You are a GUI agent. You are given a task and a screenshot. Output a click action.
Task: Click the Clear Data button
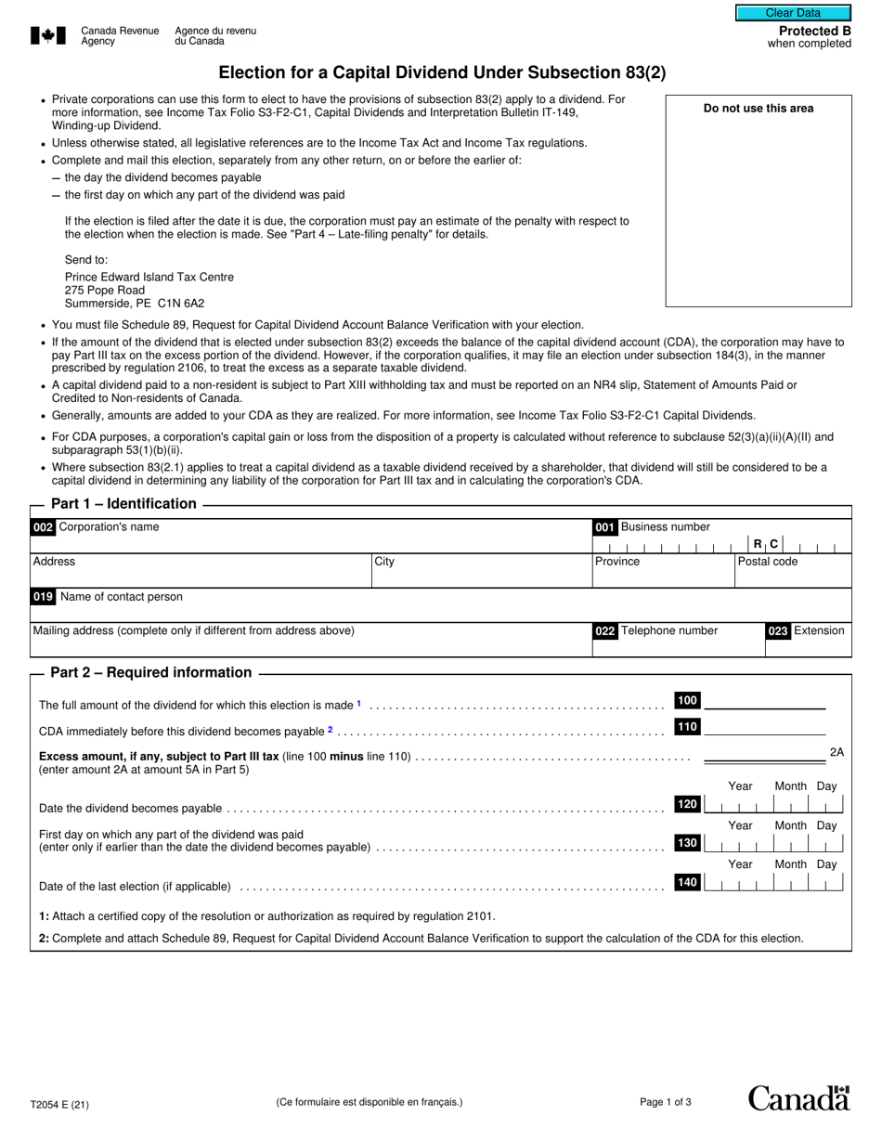[x=793, y=13]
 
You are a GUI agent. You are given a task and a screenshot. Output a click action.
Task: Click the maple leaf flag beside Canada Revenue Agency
[x=48, y=36]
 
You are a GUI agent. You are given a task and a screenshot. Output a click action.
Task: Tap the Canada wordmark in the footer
[x=798, y=1098]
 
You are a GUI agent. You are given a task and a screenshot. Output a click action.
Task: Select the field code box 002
[x=43, y=527]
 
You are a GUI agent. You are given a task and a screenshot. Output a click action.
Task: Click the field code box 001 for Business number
[x=604, y=527]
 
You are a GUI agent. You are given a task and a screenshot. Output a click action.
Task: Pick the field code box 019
[x=43, y=597]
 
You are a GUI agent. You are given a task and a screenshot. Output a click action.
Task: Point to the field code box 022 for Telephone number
[x=604, y=631]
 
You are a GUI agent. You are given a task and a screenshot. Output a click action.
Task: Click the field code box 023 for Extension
[x=777, y=631]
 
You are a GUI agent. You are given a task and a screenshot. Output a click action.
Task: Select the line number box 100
[x=687, y=701]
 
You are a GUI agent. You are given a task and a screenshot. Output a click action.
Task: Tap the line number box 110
[x=687, y=727]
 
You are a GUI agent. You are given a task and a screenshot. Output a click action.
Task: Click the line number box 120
[x=687, y=804]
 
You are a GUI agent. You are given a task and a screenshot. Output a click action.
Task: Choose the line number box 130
[x=687, y=843]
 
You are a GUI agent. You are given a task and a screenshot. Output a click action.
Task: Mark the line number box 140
[x=687, y=882]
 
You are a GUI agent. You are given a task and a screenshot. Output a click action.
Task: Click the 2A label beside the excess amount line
[x=837, y=753]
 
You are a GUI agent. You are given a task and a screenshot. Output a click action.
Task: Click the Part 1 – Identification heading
[x=123, y=504]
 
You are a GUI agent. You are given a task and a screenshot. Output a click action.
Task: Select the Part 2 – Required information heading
[x=150, y=673]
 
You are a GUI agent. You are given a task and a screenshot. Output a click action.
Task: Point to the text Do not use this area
[x=758, y=109]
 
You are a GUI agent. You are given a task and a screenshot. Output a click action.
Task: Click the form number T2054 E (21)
[x=60, y=1105]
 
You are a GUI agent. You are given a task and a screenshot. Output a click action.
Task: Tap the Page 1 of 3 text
[x=666, y=1103]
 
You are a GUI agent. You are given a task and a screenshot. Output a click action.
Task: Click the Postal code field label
[x=767, y=562]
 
